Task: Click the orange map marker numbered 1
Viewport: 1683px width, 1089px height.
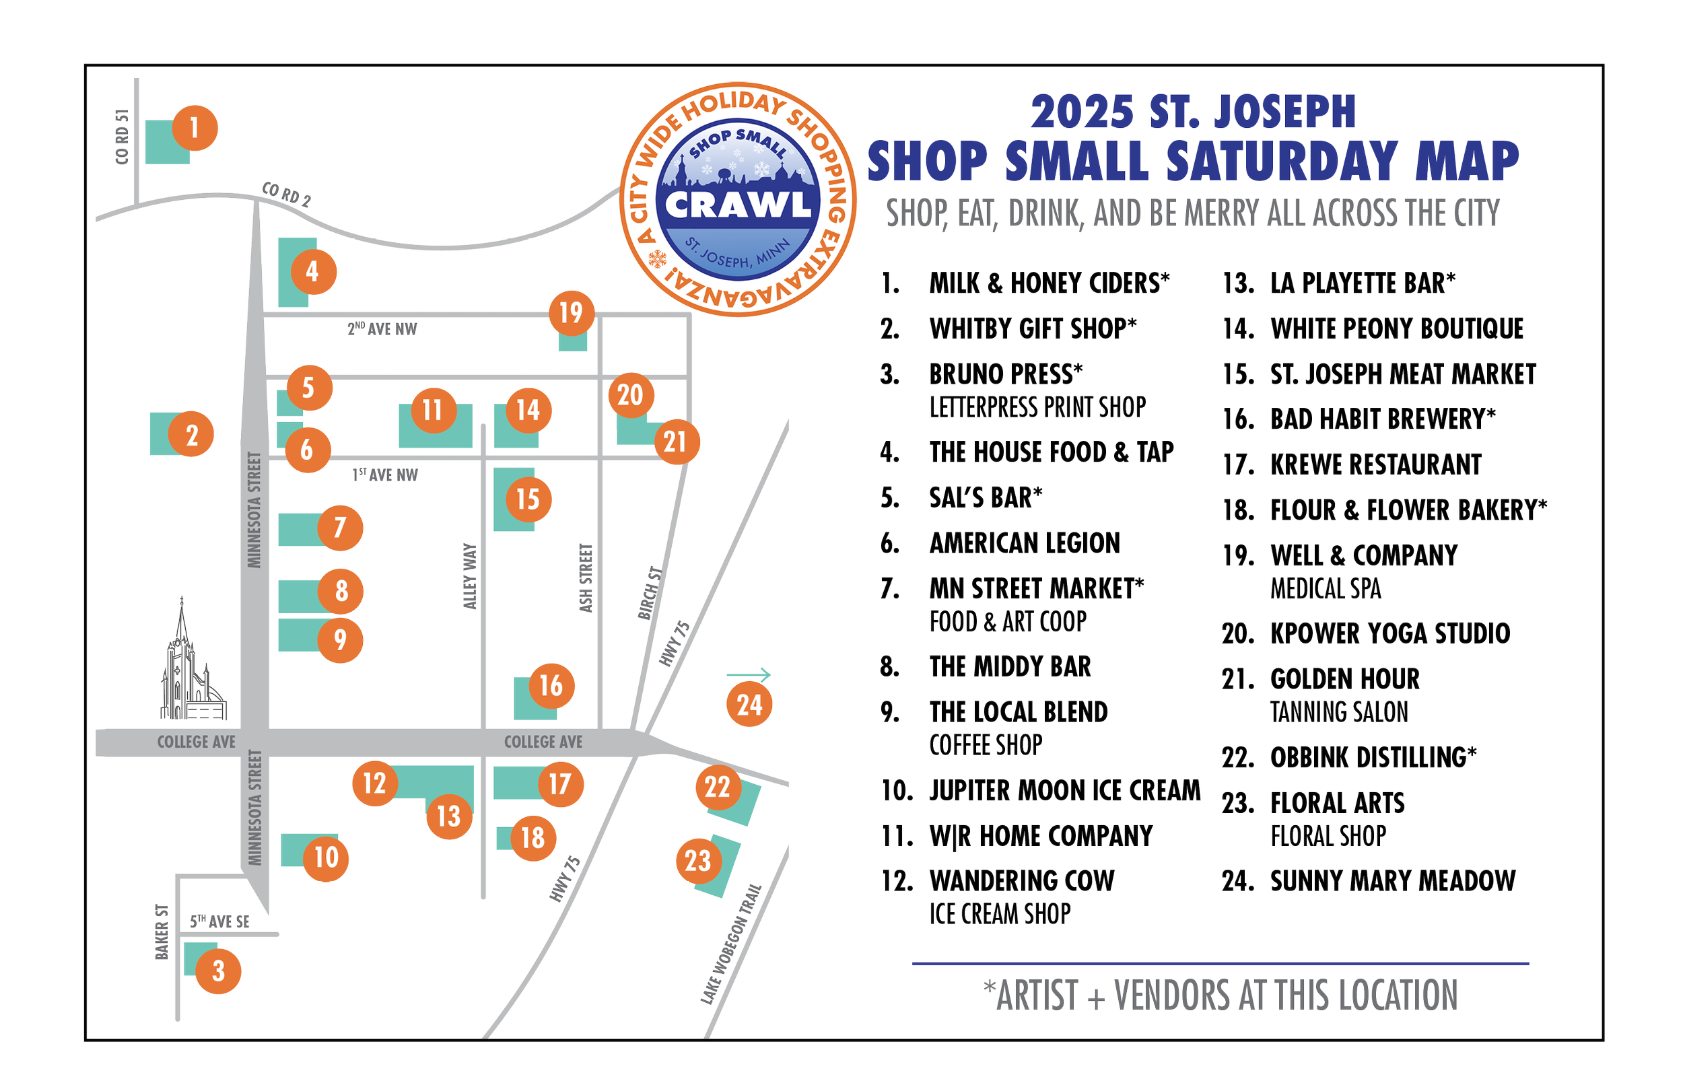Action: pos(195,128)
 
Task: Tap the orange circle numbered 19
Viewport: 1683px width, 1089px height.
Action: pos(572,312)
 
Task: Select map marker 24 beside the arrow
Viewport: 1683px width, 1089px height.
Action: pos(749,704)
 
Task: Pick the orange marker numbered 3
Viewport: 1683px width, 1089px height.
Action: pos(218,971)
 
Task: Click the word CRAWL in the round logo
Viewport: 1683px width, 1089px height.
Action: pos(739,206)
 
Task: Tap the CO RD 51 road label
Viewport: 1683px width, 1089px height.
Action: pos(123,137)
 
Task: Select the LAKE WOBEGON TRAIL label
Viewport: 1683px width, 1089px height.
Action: pos(731,944)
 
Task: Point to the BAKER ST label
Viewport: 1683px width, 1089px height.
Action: pos(162,932)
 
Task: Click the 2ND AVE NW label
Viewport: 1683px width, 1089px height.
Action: pos(382,329)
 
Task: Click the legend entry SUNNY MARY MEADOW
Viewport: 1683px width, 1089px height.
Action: pos(1392,881)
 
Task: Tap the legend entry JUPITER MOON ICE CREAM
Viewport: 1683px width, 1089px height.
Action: pos(1065,791)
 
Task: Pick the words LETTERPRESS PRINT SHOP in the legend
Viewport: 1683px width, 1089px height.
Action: pos(1037,408)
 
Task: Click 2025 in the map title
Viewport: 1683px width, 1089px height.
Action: pos(1081,112)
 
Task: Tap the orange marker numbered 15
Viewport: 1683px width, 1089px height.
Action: pos(528,499)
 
